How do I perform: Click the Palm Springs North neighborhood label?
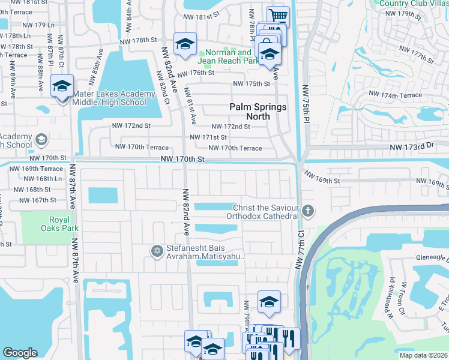258,112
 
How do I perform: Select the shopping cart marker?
278,16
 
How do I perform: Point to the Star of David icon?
157,251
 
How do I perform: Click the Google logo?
20,353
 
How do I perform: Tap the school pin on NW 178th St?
185,44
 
